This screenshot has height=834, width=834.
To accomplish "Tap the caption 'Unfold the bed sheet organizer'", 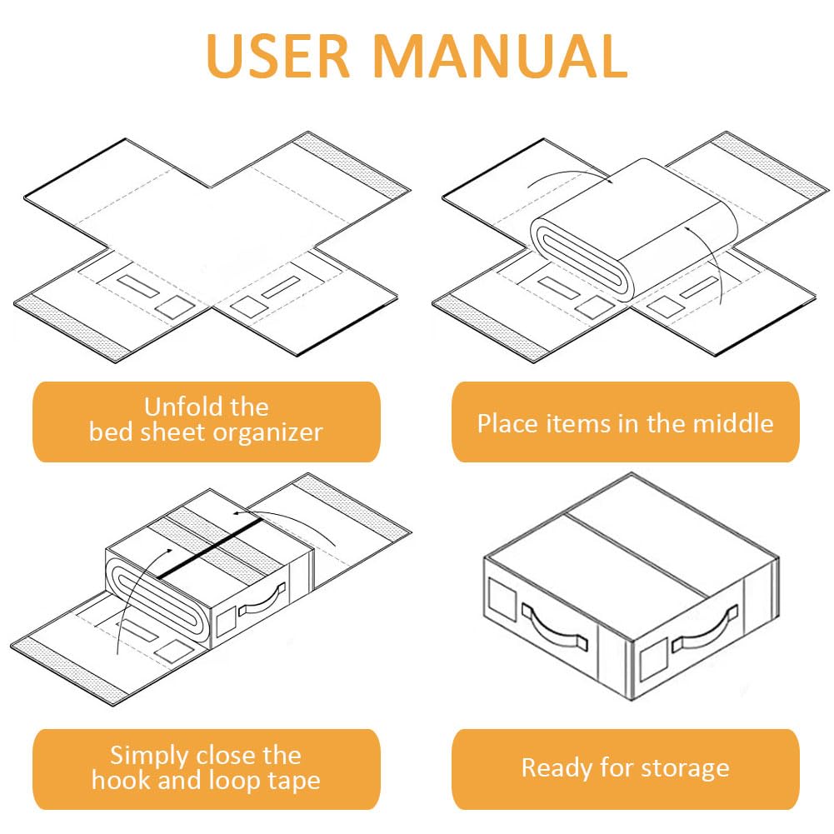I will point(206,420).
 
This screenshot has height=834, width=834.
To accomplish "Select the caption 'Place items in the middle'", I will point(625,422).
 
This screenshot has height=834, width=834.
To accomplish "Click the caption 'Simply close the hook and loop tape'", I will point(206,767).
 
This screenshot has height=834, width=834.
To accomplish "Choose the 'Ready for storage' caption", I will point(625,767).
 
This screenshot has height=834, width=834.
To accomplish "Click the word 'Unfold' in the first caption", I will point(177,407).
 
